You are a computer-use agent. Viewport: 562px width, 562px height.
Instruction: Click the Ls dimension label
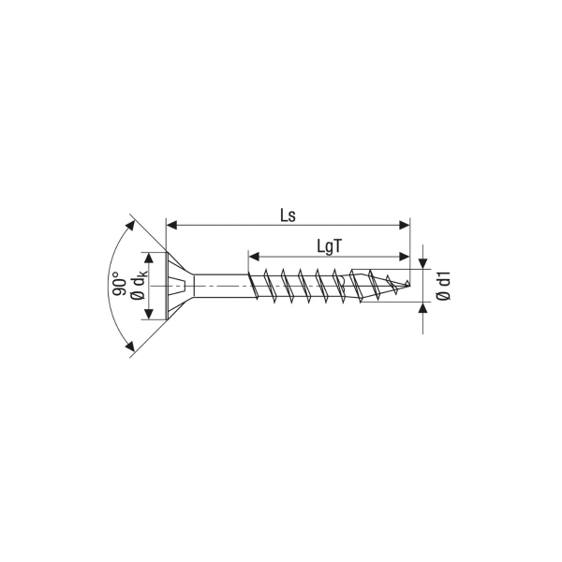coord(288,216)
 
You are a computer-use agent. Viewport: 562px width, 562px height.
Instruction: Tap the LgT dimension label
coord(330,246)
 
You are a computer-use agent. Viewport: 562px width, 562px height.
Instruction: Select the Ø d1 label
coord(444,286)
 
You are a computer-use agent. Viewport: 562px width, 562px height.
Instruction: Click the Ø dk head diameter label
coord(139,285)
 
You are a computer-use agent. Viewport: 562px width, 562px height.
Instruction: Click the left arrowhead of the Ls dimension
coord(172,226)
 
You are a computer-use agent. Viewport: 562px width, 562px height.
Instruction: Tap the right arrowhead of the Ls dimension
coord(405,226)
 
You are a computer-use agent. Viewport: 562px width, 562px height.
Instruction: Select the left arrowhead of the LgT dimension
coord(254,257)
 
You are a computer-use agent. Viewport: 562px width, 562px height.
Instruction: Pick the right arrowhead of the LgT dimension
coord(405,257)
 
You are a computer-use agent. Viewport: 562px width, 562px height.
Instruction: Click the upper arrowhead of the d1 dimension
coord(423,263)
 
